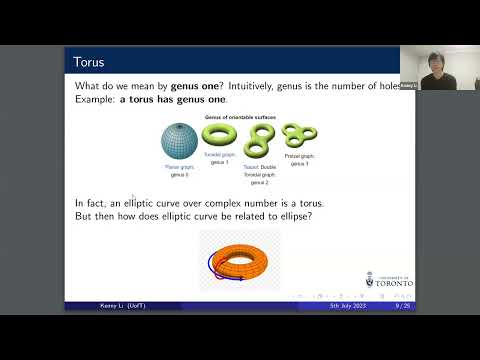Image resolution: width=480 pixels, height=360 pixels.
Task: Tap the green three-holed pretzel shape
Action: pos(293,137)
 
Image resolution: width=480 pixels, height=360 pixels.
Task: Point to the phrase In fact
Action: pos(89,203)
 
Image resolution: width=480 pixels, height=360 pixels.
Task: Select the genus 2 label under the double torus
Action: pos(258,183)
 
